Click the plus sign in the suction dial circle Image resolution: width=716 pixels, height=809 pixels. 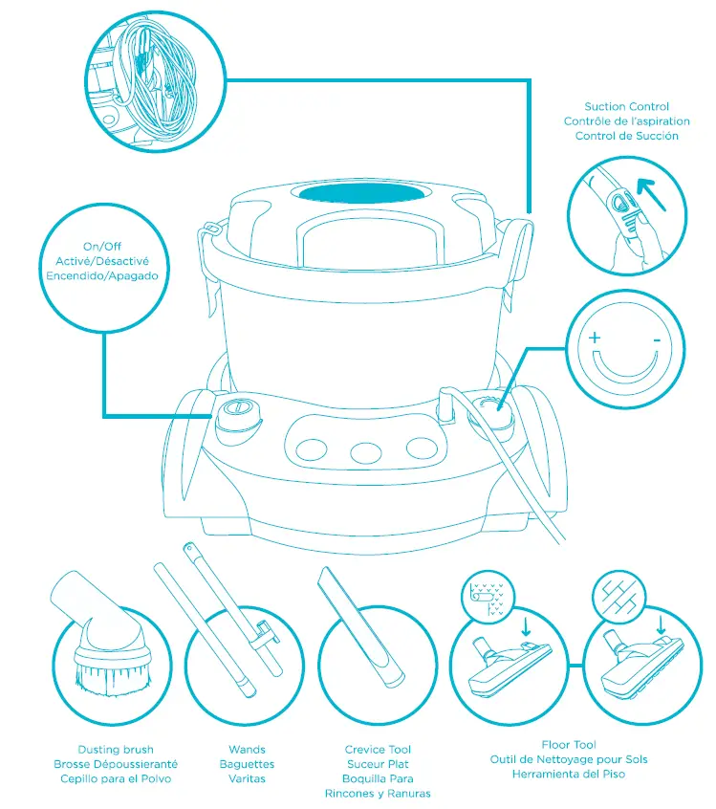[595, 338]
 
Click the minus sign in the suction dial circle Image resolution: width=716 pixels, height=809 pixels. [657, 339]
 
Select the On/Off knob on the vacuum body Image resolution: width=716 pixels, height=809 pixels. [238, 414]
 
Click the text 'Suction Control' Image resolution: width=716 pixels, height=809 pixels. [627, 107]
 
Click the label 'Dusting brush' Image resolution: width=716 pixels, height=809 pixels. [115, 750]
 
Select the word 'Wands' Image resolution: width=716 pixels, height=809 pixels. [247, 750]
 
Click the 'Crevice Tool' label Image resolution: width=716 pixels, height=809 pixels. [378, 750]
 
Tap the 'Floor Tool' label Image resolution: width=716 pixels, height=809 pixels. [569, 745]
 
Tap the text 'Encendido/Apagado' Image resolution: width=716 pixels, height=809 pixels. [101, 274]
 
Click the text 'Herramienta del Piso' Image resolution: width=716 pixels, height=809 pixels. [569, 774]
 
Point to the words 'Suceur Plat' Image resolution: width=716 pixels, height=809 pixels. [378, 764]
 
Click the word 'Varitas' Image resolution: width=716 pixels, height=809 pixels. [247, 778]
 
